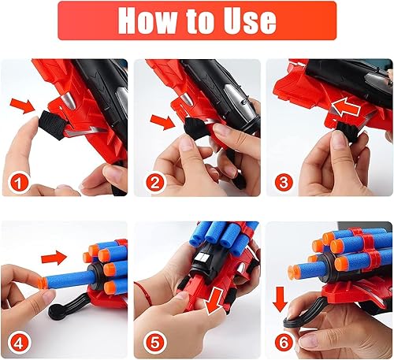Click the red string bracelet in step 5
point(147,291)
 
